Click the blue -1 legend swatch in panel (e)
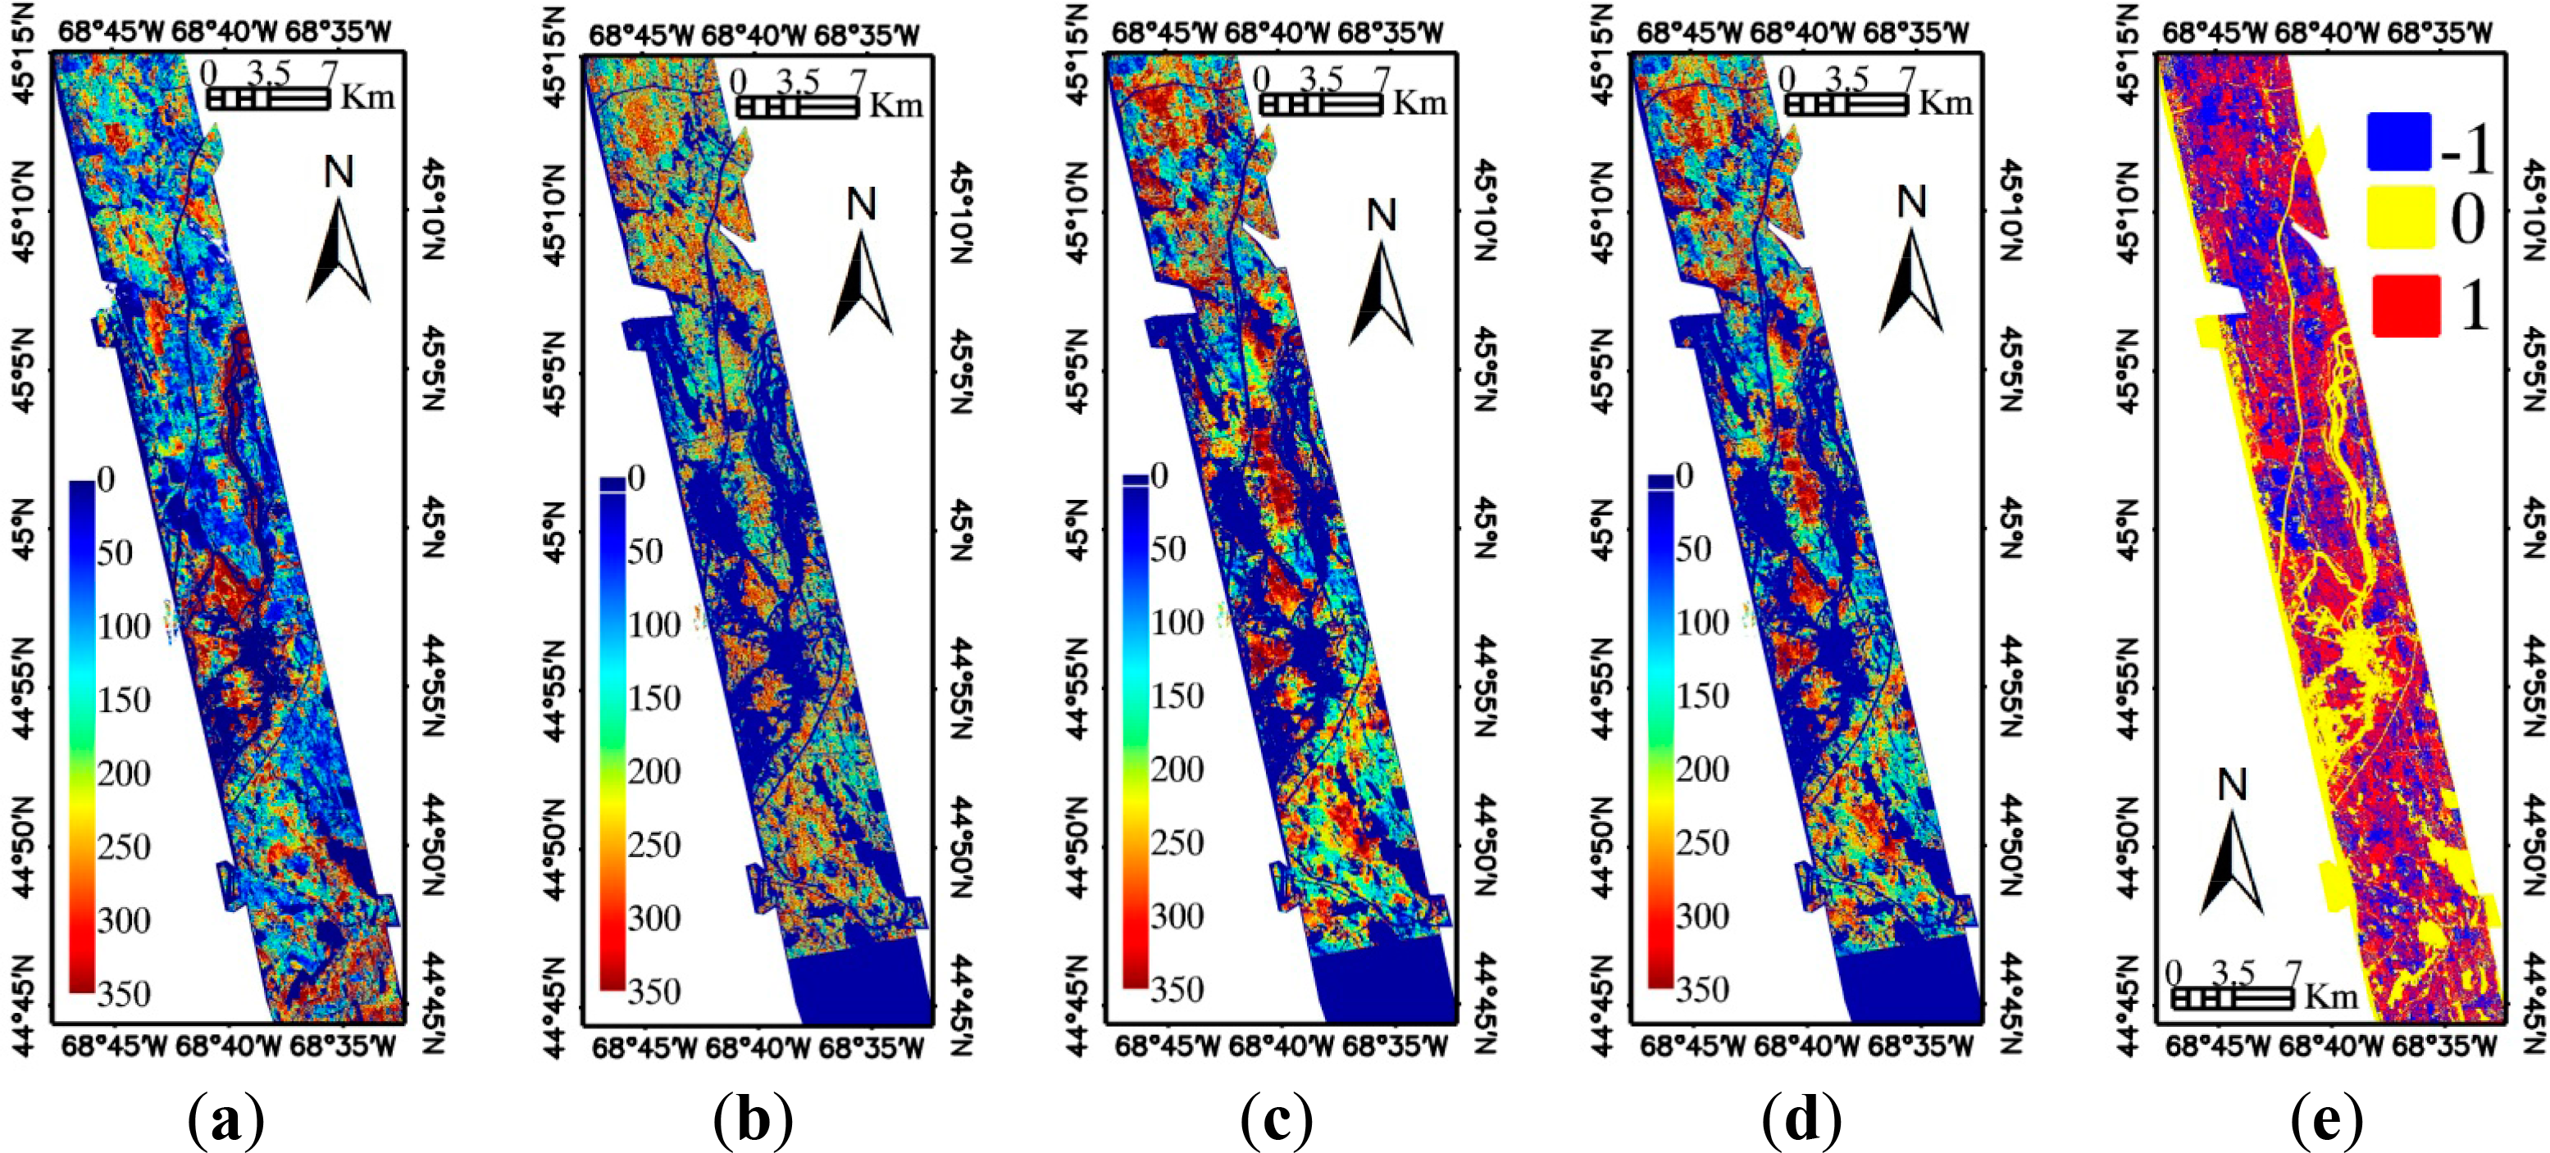pyautogui.click(x=2398, y=143)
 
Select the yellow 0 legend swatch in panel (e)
pyautogui.click(x=2401, y=216)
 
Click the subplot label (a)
pyautogui.click(x=225, y=1119)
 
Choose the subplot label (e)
pyautogui.click(x=2327, y=1119)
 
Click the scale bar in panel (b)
pyautogui.click(x=798, y=107)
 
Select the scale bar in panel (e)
pyautogui.click(x=2232, y=997)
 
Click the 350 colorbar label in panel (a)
pyautogui.click(x=124, y=992)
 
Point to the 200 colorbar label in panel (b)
pyautogui.click(x=654, y=771)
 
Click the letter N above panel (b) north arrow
pyautogui.click(x=861, y=205)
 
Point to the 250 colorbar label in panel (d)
pyautogui.click(x=1701, y=843)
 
